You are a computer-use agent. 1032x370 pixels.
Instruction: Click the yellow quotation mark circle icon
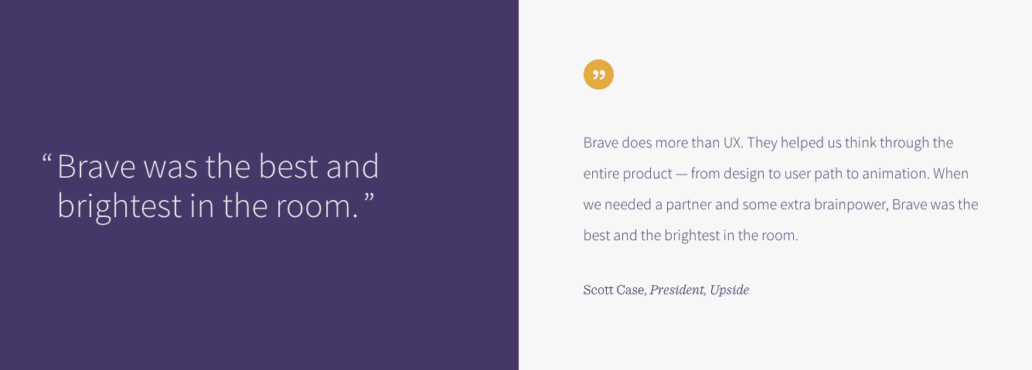pos(598,75)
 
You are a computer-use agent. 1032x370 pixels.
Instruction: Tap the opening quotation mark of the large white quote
pos(46,158)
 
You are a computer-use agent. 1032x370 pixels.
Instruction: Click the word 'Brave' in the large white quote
pos(97,166)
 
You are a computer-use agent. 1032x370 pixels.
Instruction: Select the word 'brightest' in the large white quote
pos(120,207)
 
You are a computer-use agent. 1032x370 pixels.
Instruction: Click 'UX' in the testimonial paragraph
pos(731,143)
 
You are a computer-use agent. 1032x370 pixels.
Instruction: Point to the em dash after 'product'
pos(681,175)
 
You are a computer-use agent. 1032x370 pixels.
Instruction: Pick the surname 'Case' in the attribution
pos(630,290)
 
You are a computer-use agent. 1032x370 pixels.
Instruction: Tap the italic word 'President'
pos(676,290)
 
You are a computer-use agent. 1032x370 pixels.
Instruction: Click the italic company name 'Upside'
pos(729,290)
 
